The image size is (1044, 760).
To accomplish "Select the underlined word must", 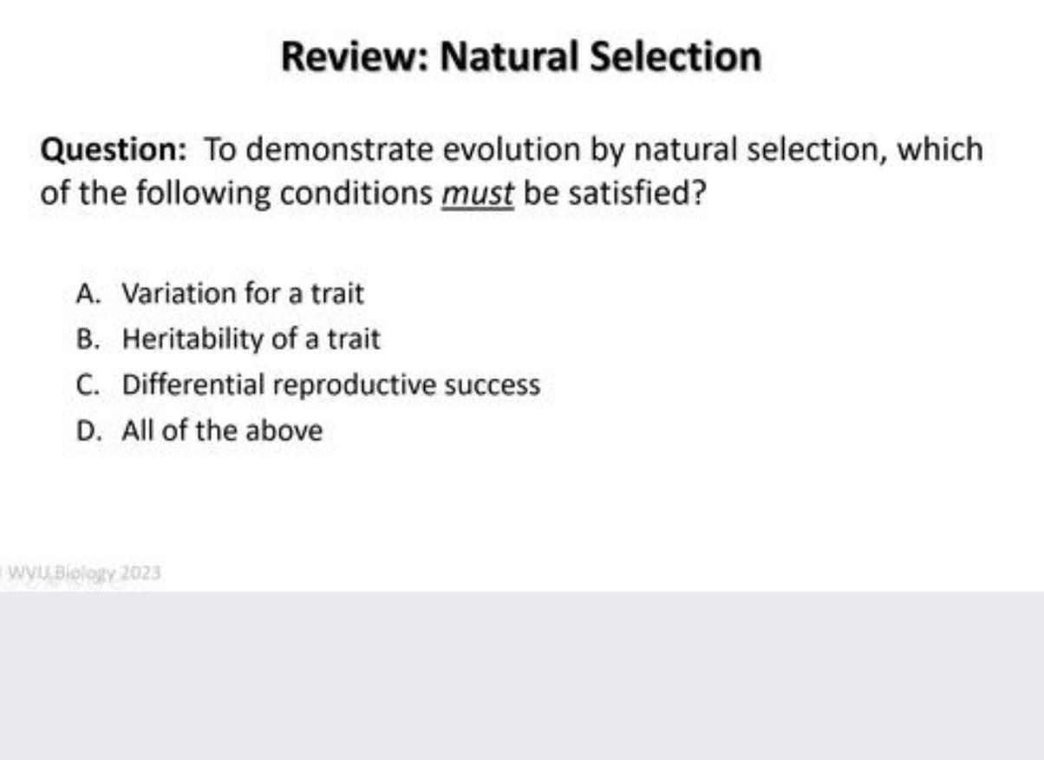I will point(478,193).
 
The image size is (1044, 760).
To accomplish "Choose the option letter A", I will point(87,294).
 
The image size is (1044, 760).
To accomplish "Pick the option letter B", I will point(87,339).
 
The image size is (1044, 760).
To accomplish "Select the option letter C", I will point(87,384).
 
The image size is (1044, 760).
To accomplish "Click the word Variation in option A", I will point(179,294).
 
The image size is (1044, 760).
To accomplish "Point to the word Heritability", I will point(193,339).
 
